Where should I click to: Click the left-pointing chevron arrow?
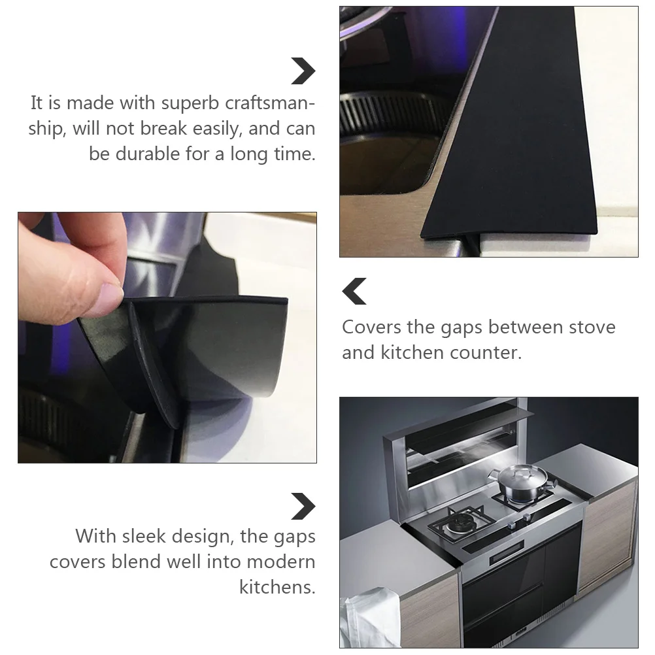coord(355,291)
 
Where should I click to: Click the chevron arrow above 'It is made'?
coord(303,71)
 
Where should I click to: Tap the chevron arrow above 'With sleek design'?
coord(303,507)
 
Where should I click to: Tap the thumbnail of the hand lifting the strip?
coord(167,337)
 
